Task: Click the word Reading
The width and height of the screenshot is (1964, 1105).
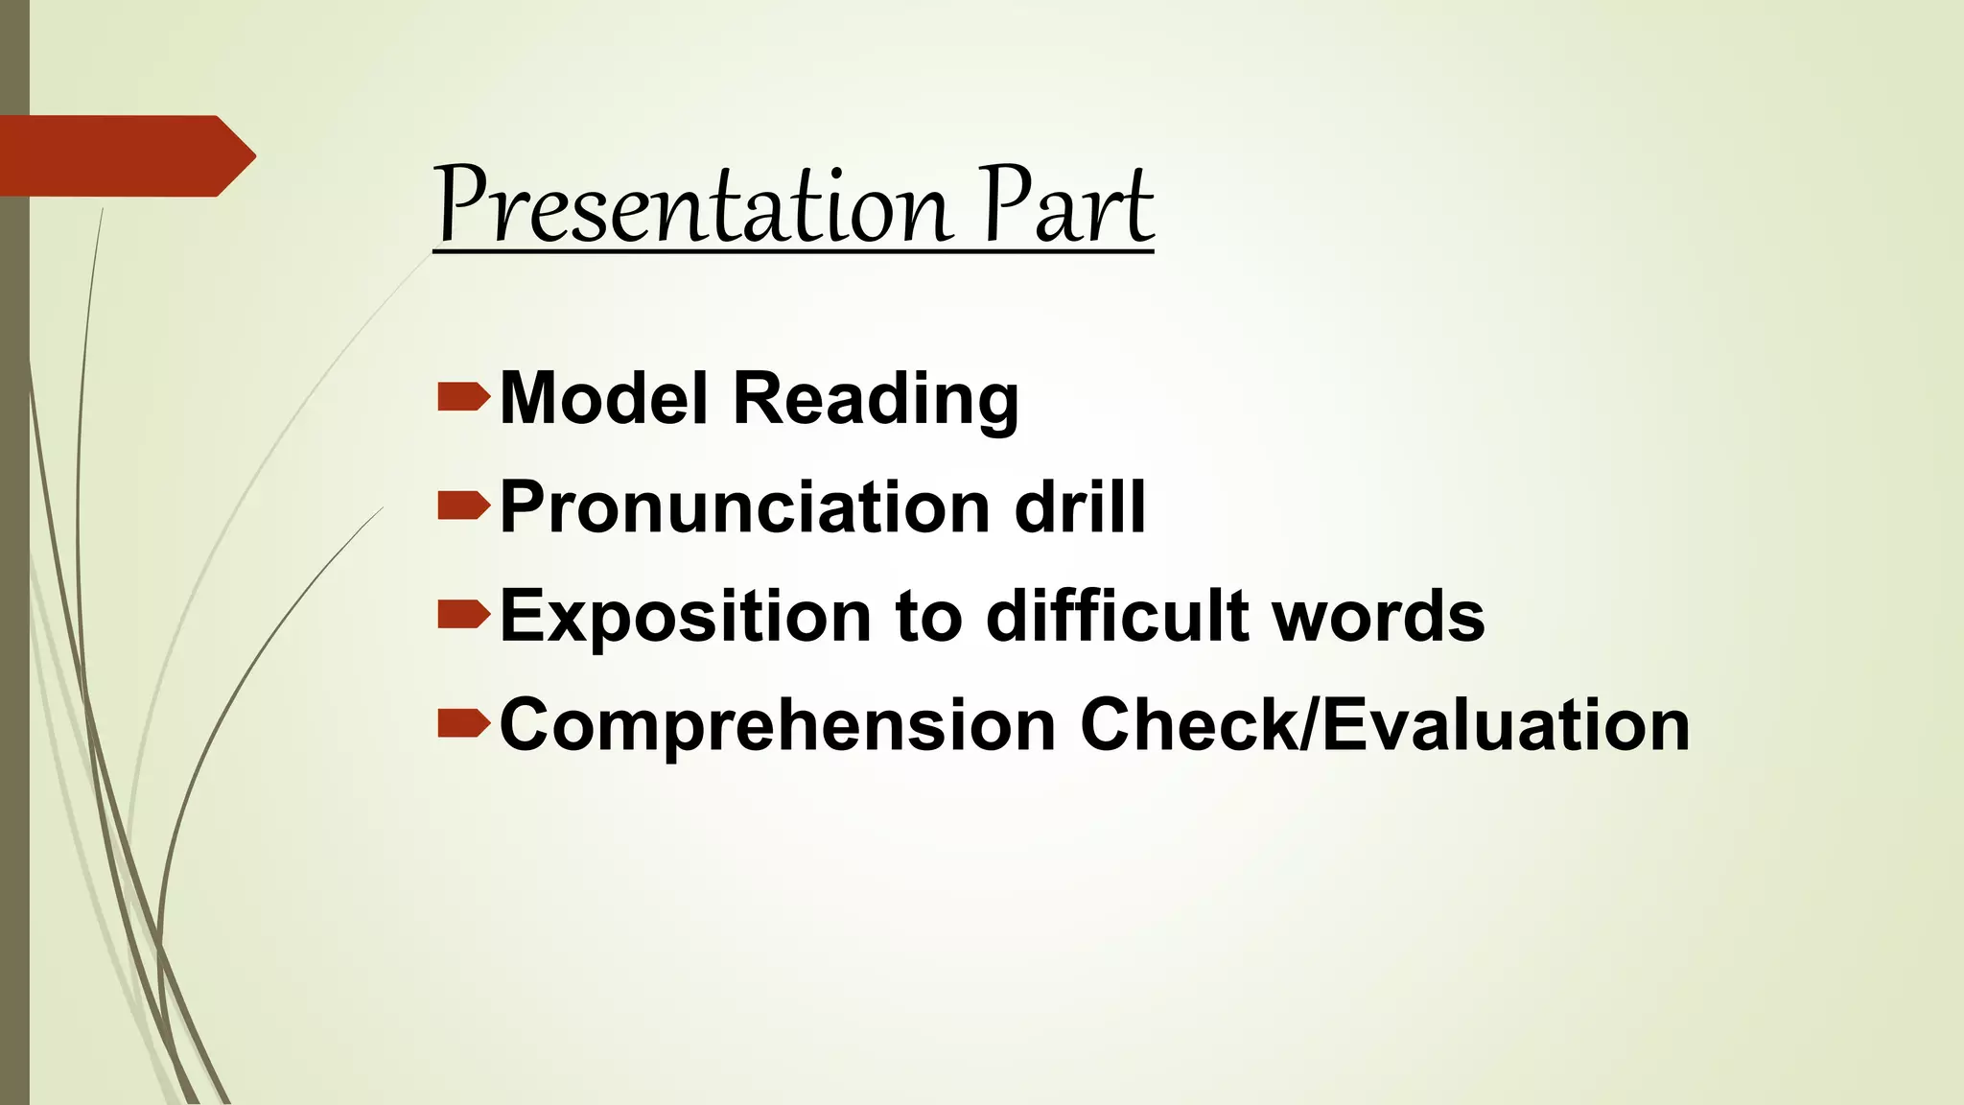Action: coord(876,399)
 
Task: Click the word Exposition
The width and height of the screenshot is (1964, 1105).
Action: coord(685,617)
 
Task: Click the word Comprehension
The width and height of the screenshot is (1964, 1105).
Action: coord(777,726)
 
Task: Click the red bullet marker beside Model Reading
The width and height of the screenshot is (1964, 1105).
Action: coord(463,397)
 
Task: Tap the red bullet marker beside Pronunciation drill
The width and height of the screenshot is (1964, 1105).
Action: coord(463,505)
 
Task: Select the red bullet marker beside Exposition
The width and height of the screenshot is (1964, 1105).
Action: coord(463,615)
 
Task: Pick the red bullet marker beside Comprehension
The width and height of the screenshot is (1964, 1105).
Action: coord(463,724)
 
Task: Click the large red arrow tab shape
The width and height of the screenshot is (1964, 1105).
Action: coord(125,155)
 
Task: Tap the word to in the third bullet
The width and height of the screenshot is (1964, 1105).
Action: coord(927,617)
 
